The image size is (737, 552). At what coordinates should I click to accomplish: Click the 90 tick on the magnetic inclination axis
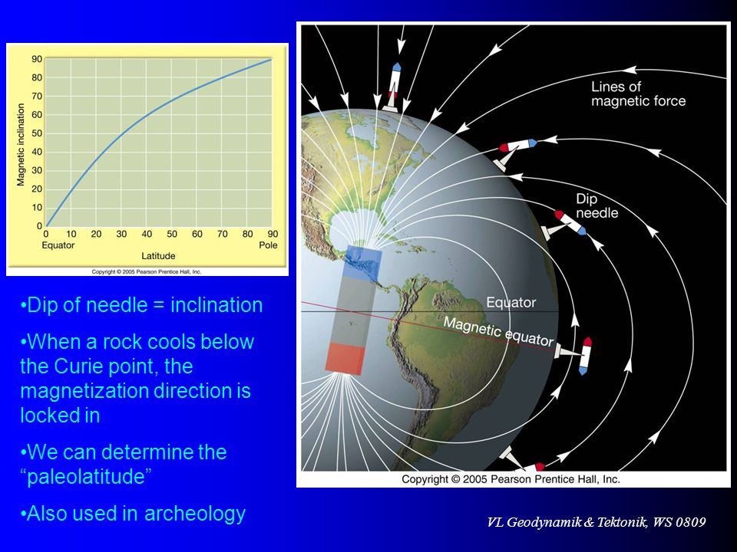pyautogui.click(x=37, y=59)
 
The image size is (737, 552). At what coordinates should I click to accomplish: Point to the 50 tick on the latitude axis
pyautogui.click(x=172, y=234)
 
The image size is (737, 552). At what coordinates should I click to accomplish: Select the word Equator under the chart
pyautogui.click(x=58, y=245)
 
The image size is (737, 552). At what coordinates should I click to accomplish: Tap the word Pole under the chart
pyautogui.click(x=269, y=245)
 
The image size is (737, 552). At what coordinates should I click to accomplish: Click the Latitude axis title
pyautogui.click(x=158, y=256)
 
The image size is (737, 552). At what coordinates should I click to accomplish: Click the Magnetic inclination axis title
pyautogui.click(x=21, y=145)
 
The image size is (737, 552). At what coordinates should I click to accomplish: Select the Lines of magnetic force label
pyautogui.click(x=638, y=94)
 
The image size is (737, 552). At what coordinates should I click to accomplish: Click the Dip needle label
pyautogui.click(x=597, y=206)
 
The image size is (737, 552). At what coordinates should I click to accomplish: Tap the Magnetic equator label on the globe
pyautogui.click(x=499, y=331)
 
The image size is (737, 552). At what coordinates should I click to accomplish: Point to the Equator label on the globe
pyautogui.click(x=511, y=302)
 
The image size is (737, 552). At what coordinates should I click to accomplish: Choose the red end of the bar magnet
pyautogui.click(x=345, y=359)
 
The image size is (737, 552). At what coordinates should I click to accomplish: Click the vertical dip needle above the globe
pyautogui.click(x=393, y=87)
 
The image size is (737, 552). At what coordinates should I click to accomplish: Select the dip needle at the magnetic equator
pyautogui.click(x=574, y=354)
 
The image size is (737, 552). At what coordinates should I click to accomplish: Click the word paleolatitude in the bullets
pyautogui.click(x=89, y=476)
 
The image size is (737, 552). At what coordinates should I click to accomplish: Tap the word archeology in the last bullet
pyautogui.click(x=195, y=513)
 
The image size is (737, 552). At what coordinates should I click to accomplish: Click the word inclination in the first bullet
pyautogui.click(x=216, y=305)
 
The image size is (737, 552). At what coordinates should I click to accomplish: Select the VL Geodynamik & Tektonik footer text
pyautogui.click(x=596, y=522)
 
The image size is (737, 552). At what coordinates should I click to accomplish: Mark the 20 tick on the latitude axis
pyautogui.click(x=97, y=234)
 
